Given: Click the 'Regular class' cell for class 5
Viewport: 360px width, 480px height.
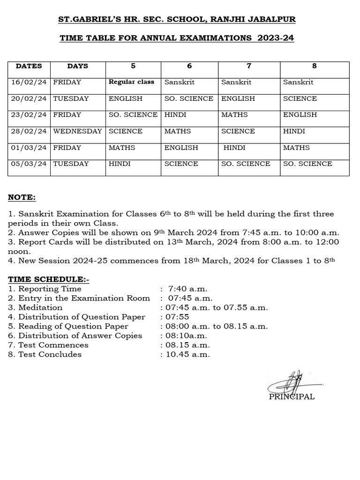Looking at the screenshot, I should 131,82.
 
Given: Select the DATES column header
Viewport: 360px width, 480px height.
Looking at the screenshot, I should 29,66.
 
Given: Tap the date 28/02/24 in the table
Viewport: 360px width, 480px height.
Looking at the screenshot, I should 29,131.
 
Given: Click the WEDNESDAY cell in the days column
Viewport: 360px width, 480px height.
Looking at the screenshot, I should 77,131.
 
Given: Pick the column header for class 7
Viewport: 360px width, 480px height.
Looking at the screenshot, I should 249,66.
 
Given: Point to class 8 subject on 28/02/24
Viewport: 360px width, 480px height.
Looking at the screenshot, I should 294,131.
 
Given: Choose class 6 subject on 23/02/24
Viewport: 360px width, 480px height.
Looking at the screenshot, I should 175,115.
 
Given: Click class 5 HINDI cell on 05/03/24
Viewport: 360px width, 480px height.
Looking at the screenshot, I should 120,164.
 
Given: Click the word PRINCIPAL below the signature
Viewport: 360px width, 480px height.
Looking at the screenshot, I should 292,397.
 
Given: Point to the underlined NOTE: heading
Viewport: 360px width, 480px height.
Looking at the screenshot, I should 22,197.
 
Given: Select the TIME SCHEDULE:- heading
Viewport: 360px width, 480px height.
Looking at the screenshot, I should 48,279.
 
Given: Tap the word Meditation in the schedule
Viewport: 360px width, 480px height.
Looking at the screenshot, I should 40,307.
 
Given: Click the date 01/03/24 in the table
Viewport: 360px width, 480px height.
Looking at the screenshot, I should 29,148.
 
